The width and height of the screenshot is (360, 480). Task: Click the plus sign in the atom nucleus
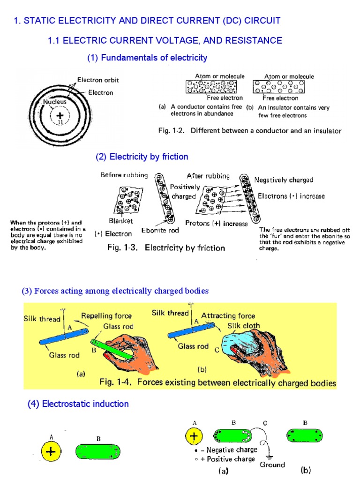59,115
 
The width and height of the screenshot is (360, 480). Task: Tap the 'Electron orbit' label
98,80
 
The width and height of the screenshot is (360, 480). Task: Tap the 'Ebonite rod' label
160,230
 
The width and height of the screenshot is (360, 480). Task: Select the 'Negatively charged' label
284,180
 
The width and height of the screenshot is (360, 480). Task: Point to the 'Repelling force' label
106,316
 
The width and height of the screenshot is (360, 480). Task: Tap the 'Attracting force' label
228,316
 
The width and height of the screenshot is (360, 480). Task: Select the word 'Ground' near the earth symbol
272,465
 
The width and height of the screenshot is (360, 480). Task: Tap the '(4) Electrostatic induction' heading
79,404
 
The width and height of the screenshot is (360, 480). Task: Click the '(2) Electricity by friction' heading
142,157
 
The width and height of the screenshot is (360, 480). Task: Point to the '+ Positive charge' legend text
228,459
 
